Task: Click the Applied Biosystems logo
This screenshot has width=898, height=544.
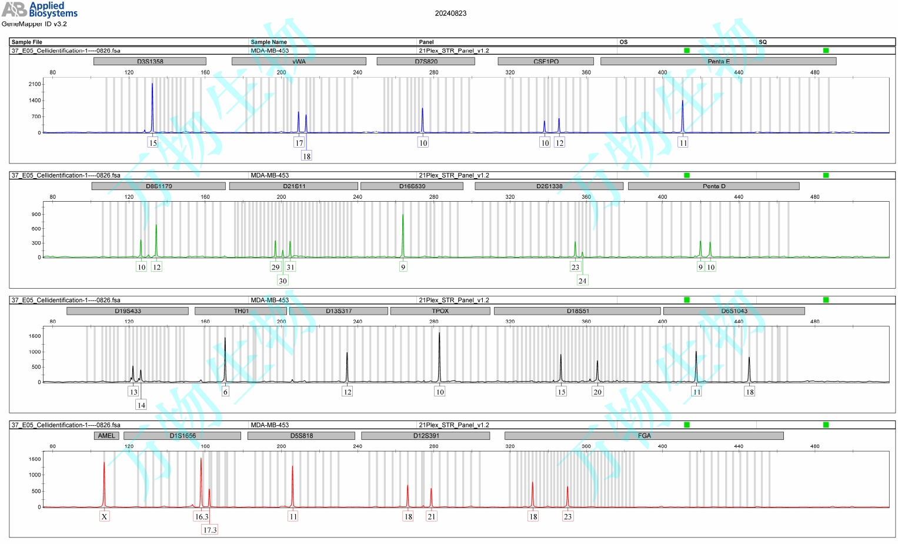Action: [x=39, y=9]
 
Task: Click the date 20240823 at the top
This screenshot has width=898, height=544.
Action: [x=450, y=14]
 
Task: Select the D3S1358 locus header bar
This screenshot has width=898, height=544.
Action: [x=150, y=61]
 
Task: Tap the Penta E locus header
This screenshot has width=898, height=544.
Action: [x=718, y=61]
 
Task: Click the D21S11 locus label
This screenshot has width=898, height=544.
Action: [x=293, y=186]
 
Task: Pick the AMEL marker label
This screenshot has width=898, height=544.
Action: [x=106, y=436]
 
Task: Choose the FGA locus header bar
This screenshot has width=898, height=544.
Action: [x=644, y=436]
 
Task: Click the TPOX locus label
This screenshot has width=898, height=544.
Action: [x=440, y=311]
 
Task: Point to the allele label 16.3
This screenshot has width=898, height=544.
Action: [x=202, y=517]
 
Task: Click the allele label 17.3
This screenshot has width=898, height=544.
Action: [x=210, y=530]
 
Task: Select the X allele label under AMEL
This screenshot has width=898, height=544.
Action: [x=104, y=517]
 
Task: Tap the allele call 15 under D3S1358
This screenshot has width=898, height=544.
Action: [x=153, y=143]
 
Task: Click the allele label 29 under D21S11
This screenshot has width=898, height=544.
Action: [x=275, y=267]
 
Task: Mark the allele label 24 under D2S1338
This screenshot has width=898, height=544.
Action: [x=582, y=281]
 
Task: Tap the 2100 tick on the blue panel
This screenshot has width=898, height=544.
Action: [x=35, y=84]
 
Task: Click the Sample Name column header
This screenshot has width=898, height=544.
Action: [x=269, y=42]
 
